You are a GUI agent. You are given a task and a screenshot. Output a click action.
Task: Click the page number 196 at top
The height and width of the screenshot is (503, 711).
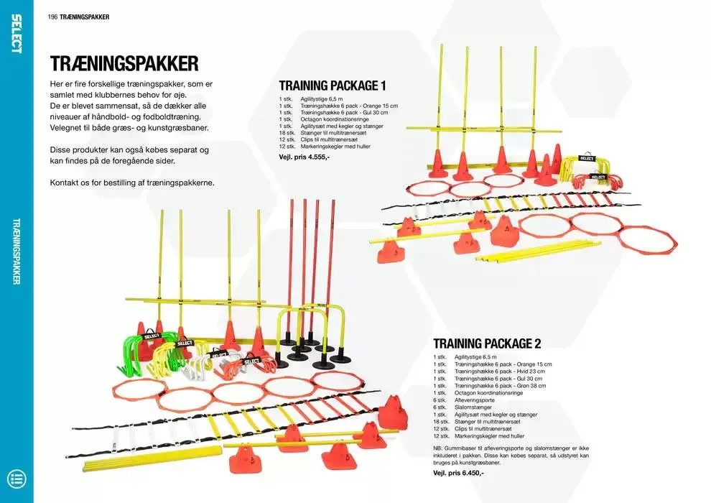pyautogui.click(x=52, y=17)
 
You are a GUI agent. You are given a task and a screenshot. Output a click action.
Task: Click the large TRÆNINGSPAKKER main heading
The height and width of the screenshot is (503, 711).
pyautogui.click(x=124, y=64)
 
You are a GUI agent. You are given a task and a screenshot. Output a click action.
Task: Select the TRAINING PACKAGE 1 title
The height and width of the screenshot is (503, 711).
pyautogui.click(x=333, y=86)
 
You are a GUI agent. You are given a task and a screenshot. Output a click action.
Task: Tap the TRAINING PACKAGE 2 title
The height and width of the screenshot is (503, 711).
pyautogui.click(x=487, y=343)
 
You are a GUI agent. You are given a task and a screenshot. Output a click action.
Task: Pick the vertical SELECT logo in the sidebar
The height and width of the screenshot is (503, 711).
pyautogui.click(x=17, y=33)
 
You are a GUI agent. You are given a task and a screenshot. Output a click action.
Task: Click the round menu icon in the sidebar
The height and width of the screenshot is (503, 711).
pyautogui.click(x=16, y=479)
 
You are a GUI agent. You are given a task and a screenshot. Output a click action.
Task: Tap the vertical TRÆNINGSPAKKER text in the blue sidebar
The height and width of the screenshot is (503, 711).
pyautogui.click(x=17, y=251)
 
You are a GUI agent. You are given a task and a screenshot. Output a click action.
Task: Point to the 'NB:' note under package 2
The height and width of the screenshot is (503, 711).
pyautogui.click(x=438, y=448)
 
